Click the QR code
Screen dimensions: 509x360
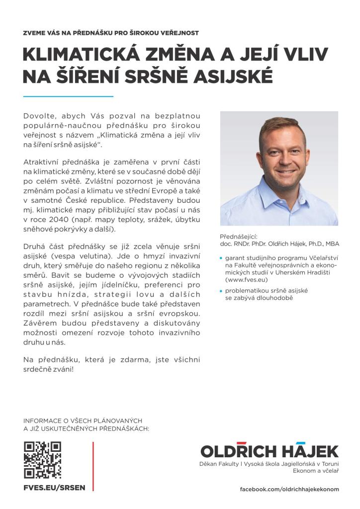(42, 460)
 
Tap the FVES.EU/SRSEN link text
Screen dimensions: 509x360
(54, 488)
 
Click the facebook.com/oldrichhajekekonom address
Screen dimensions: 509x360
(289, 489)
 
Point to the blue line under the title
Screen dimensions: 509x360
(68, 96)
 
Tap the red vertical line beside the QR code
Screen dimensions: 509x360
(93, 466)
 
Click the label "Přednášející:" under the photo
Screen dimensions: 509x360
(239, 237)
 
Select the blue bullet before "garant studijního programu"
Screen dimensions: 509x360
(221, 258)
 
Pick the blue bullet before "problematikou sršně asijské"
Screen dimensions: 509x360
(221, 291)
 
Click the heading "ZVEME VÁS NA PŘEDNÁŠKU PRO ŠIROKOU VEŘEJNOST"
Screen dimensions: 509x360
(111, 33)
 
